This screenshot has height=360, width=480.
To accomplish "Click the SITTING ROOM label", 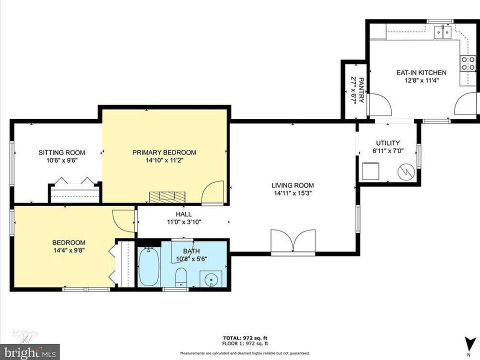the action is click(62, 152).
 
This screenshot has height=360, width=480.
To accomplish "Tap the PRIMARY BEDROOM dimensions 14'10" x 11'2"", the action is click(164, 160).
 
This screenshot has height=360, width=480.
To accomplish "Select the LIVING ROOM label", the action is click(292, 185).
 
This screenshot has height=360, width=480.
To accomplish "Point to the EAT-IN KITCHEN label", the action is click(421, 72).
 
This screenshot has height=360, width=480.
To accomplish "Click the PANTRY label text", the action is click(361, 90).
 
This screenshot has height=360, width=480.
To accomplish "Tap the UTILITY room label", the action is click(388, 143).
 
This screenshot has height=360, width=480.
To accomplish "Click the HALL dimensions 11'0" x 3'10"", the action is click(184, 222).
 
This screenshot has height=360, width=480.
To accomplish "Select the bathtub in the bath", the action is click(149, 266).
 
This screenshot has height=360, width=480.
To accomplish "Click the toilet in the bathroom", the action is click(181, 277).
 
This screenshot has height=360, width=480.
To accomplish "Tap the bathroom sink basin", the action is click(211, 279).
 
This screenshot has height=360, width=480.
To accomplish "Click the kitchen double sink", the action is click(443, 32).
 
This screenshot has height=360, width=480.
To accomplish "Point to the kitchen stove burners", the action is click(468, 63).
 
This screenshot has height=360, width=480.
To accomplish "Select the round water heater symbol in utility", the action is click(406, 171).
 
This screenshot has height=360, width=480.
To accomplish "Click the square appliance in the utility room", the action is click(370, 171).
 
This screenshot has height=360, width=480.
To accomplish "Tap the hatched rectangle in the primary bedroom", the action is click(167, 196).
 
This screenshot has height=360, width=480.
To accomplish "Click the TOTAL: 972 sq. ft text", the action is click(245, 338).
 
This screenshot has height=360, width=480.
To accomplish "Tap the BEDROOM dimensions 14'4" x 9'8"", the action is click(68, 250).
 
